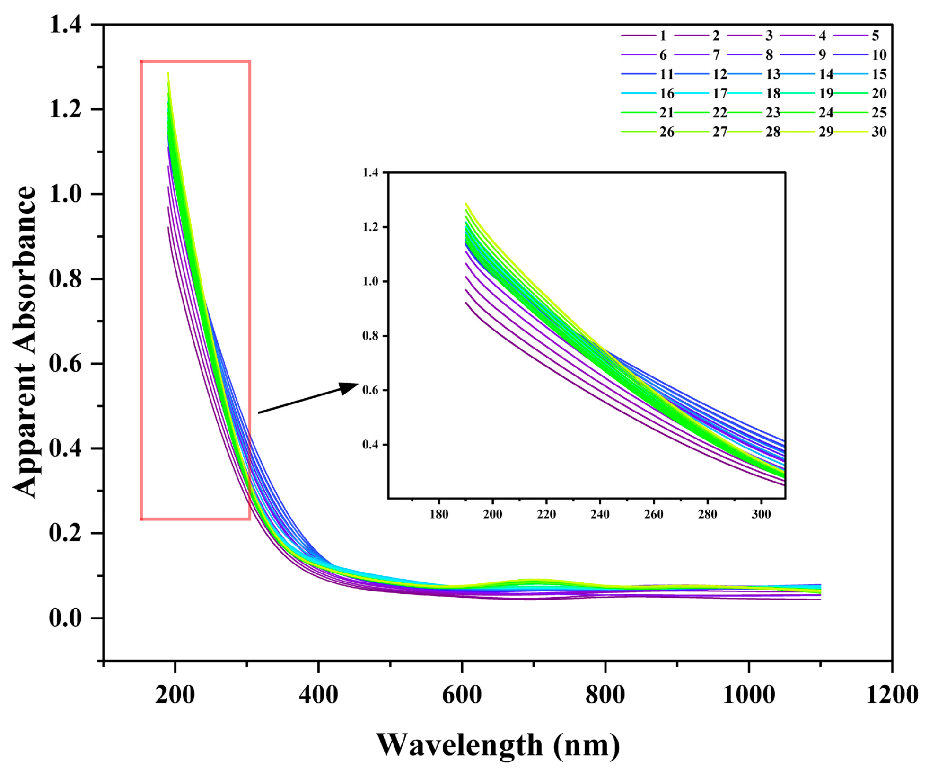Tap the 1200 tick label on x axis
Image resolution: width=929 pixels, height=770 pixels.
click(x=892, y=695)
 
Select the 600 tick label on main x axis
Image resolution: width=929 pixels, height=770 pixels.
click(x=462, y=695)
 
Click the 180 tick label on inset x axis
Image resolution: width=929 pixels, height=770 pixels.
click(x=438, y=514)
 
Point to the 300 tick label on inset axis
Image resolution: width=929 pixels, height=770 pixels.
click(x=761, y=514)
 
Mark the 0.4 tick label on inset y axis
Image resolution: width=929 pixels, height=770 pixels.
click(x=370, y=445)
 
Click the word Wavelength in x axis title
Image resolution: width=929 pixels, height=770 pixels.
click(x=459, y=745)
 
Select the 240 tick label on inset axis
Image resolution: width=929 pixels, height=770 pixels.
click(x=600, y=514)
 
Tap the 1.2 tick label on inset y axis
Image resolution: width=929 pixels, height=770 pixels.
click(x=370, y=227)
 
